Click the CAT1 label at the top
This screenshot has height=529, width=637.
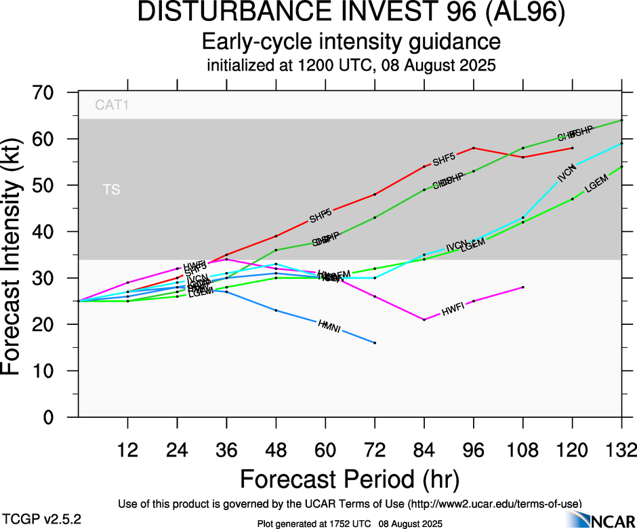112,106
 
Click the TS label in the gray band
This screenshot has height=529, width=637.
112,190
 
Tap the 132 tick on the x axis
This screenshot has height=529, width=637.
621,450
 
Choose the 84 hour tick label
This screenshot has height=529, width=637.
424,450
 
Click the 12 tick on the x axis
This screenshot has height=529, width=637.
127,450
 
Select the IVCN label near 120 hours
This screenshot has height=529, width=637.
567,174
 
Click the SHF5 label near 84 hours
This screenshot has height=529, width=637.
444,161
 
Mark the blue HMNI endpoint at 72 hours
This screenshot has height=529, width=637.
375,343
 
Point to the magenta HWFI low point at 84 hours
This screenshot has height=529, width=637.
424,319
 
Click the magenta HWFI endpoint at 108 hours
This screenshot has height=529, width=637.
523,287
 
